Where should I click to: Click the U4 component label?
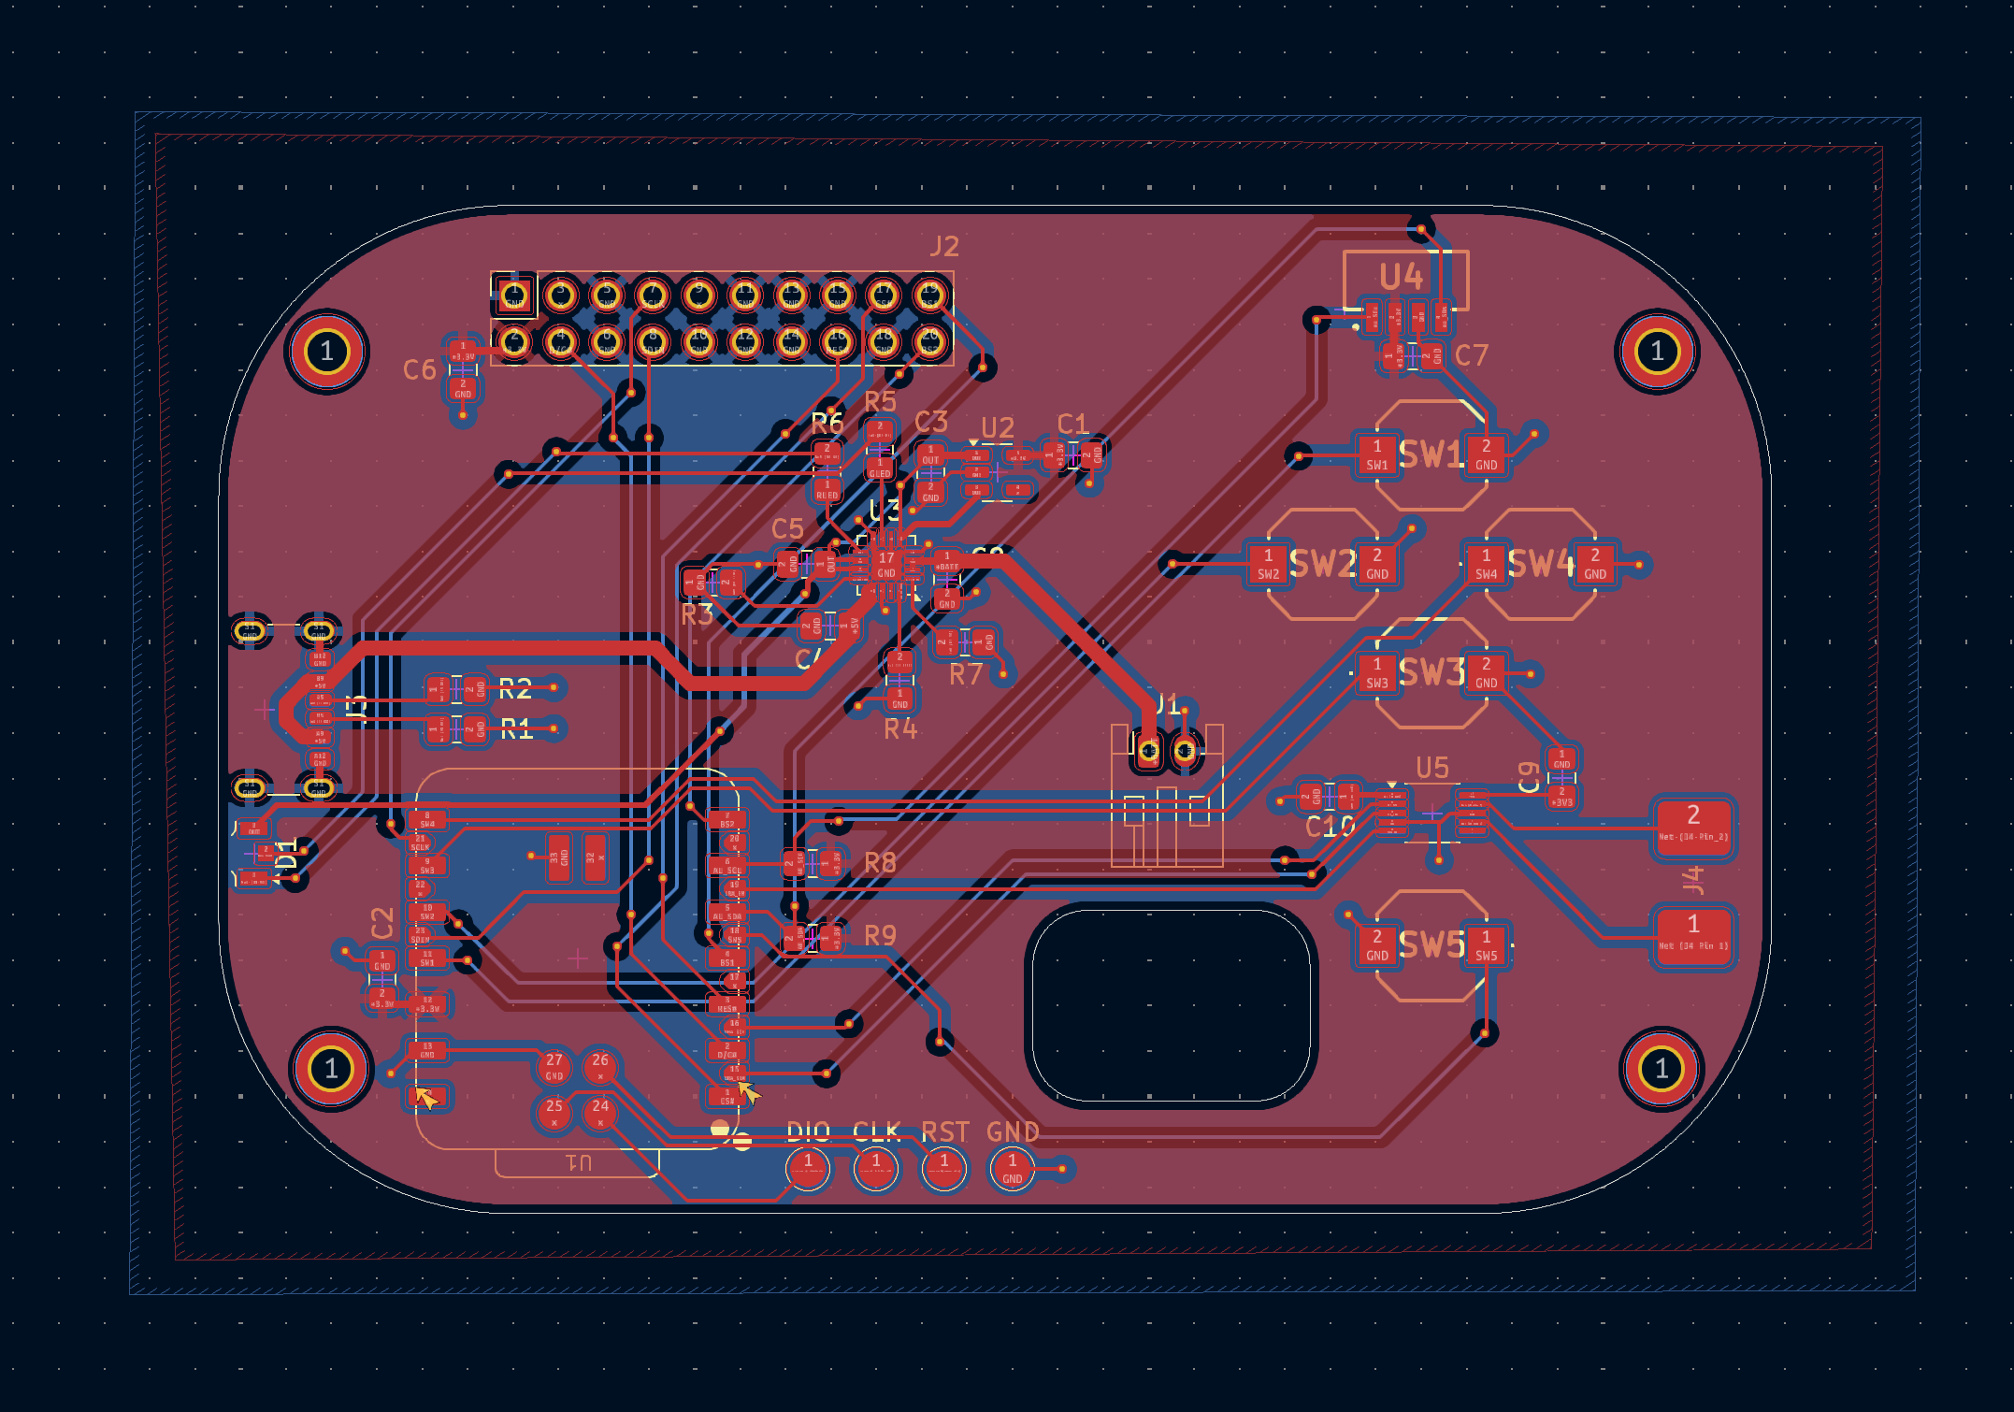(x=1401, y=277)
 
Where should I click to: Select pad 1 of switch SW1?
(x=1377, y=455)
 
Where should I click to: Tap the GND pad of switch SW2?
(x=1377, y=565)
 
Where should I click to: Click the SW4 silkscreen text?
(x=1541, y=564)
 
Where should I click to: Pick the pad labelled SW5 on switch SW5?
(x=1486, y=945)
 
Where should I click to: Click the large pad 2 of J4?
(x=1693, y=824)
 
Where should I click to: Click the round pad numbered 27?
(x=554, y=1066)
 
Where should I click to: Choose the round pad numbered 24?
(x=600, y=1112)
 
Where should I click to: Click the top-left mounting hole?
(x=326, y=352)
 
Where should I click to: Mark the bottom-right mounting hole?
(x=1662, y=1068)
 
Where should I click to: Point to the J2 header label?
(x=944, y=247)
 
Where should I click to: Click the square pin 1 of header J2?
(x=513, y=296)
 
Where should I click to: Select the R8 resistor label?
(x=880, y=863)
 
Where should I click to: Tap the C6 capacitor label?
(x=420, y=370)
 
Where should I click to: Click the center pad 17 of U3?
(x=885, y=564)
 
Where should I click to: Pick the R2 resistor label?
(x=515, y=690)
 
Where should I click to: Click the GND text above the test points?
(x=1013, y=1132)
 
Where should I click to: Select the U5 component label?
(x=1431, y=768)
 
